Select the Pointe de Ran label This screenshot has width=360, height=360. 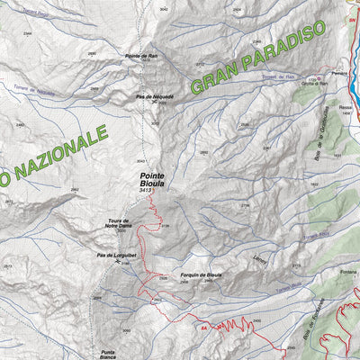click(141, 56)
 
